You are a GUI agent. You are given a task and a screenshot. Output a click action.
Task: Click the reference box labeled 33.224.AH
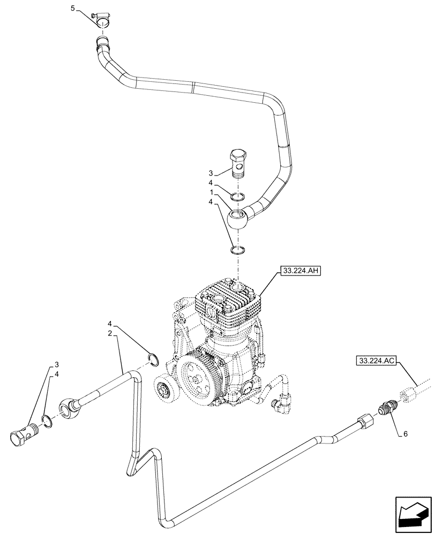tap(299, 272)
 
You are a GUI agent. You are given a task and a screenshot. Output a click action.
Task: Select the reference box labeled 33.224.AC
tap(374, 362)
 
